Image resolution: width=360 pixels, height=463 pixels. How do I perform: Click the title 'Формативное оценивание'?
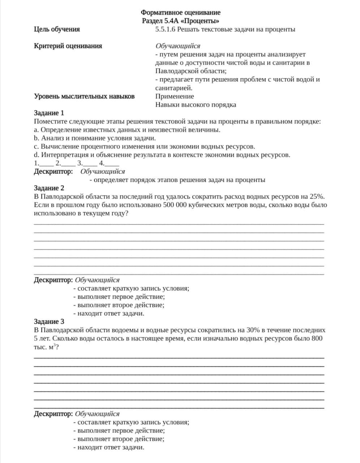[180, 13]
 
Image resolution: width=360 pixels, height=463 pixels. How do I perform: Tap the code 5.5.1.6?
[165, 29]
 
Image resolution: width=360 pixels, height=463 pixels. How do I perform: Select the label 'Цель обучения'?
[57, 29]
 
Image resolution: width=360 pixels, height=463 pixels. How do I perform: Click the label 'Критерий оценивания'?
[68, 46]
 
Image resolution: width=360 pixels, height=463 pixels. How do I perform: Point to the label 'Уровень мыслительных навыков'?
[84, 96]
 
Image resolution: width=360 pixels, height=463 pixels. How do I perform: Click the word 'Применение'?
[175, 96]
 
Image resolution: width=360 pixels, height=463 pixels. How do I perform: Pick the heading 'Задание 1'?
[49, 113]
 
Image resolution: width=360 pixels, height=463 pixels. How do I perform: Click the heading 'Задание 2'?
[49, 188]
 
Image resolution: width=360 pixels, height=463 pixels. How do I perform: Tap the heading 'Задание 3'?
[49, 322]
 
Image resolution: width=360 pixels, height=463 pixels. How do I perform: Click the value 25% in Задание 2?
[317, 197]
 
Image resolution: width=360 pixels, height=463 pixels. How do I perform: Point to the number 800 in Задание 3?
[317, 339]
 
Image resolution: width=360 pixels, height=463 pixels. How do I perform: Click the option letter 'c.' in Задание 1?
[37, 146]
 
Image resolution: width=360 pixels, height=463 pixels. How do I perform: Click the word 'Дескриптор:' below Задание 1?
[53, 171]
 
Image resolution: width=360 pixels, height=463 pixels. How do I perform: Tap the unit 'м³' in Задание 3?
[52, 347]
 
